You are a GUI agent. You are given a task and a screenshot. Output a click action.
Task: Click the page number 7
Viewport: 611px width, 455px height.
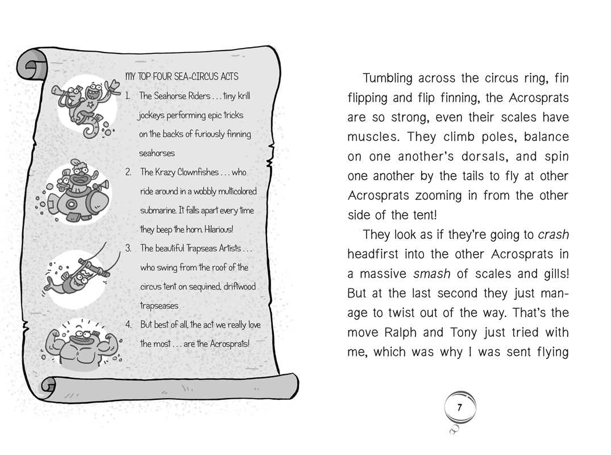460,408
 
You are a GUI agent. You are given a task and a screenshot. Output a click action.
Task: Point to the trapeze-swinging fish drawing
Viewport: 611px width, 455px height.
82,271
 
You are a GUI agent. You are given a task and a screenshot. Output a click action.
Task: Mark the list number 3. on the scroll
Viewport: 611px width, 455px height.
128,248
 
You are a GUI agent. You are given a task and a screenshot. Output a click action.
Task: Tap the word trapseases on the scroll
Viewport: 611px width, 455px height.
159,305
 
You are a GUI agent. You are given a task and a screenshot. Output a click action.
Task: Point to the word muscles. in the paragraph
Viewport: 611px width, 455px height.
372,137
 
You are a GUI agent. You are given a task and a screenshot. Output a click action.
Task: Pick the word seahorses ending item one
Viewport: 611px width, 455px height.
157,153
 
